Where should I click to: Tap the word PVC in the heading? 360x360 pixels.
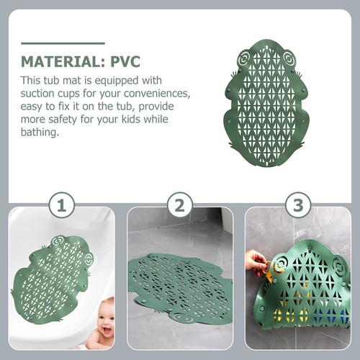coord(125,62)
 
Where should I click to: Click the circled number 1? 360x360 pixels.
coord(62,206)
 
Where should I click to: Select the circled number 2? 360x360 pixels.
coord(180,206)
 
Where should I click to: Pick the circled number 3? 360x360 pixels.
coord(298,206)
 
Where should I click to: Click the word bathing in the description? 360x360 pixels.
coord(40,132)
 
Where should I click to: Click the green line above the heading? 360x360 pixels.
coord(63,43)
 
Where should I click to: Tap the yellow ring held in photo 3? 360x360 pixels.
coord(267,266)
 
